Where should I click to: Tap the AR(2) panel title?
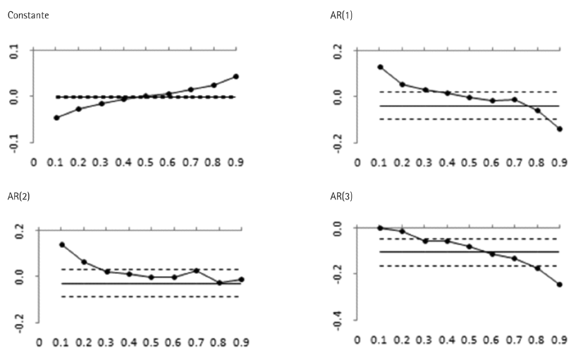pos(18,194)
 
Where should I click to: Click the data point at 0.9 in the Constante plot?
pos(236,76)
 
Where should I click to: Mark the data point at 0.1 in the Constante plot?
pos(56,118)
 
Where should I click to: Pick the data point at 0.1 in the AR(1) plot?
pos(380,67)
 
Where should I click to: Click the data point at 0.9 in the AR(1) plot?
pos(560,129)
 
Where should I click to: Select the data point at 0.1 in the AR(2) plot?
pos(62,244)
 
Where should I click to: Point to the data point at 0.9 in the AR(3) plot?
pos(560,285)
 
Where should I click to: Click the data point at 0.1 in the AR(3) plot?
pos(380,228)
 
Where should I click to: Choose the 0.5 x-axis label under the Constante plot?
pos(146,162)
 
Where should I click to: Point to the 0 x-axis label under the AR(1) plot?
pos(357,162)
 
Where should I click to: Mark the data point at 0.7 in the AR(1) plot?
pos(515,99)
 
